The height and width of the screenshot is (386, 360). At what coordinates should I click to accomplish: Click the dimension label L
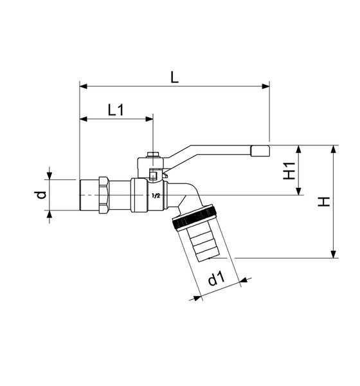pos(175,76)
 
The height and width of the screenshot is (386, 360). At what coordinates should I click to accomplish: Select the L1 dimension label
pos(116,110)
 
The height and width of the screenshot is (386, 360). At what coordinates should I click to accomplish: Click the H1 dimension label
pos(290,170)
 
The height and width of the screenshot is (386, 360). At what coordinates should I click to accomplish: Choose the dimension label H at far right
pos(326,201)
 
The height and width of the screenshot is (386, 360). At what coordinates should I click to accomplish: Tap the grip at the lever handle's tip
pos(261,152)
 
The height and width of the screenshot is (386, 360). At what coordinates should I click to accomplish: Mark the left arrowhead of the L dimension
pos(82,85)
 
